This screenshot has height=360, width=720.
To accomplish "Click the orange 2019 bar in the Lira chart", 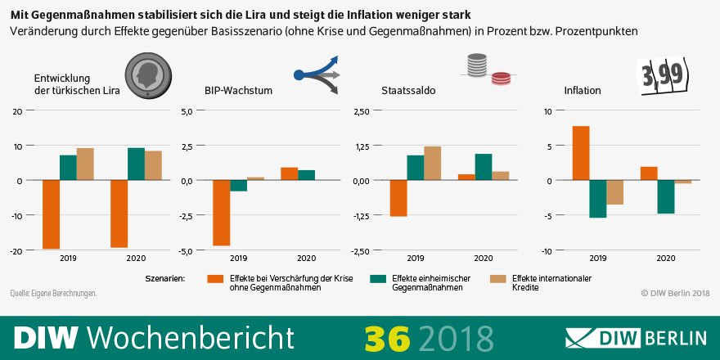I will coord(51,214).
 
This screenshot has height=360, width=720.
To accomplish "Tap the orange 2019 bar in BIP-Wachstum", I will coord(221,213).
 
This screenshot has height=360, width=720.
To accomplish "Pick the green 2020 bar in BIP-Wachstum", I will coord(306,175).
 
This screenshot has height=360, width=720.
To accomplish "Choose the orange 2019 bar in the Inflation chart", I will coord(581,153).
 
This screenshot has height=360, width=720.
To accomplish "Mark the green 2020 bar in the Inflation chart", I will coord(665,196).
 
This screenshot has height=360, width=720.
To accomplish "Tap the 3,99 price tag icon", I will coord(663,77).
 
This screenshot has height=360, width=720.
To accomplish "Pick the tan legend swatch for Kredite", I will coord(497,279).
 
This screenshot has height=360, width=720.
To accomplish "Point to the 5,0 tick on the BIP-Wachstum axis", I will coord(186,110).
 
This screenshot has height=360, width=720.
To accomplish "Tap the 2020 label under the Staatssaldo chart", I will coord(483,259).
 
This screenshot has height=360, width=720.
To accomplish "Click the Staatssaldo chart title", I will coord(408,91).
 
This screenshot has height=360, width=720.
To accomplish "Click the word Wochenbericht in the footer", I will coord(189,337).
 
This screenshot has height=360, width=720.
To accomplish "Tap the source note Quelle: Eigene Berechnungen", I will coord(53,293).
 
